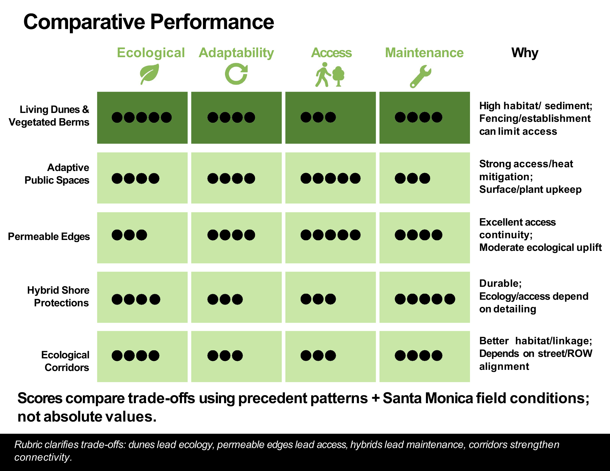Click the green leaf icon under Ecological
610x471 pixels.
(x=149, y=74)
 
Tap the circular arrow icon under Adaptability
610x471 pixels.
(x=236, y=74)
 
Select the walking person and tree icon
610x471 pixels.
(x=330, y=75)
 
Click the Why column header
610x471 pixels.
(x=525, y=53)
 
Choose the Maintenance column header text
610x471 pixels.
(x=424, y=53)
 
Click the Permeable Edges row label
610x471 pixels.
(x=49, y=237)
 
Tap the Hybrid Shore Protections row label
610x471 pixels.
(x=58, y=297)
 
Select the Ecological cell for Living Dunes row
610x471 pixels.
(x=142, y=118)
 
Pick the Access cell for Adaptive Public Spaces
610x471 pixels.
(x=331, y=178)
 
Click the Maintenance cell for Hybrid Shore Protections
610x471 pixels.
(x=425, y=297)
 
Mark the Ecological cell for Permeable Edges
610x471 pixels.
(x=142, y=238)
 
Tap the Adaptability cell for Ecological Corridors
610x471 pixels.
(x=236, y=356)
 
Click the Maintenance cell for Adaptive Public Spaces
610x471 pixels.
(x=425, y=178)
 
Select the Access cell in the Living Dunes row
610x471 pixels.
(x=331, y=118)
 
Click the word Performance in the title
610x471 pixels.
(x=212, y=22)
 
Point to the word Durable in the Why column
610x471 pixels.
(x=500, y=283)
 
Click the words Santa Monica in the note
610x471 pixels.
(x=427, y=398)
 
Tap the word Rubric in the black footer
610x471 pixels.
(x=28, y=445)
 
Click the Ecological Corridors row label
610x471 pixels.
(x=66, y=361)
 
